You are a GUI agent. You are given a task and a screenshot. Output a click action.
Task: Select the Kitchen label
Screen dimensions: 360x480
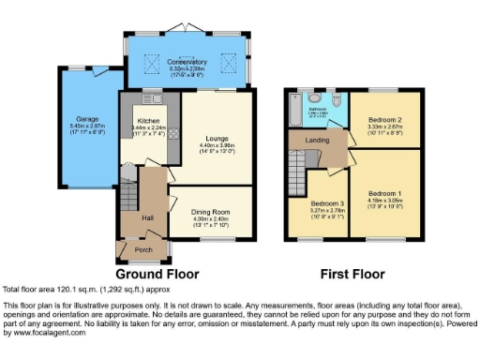pos(148,121)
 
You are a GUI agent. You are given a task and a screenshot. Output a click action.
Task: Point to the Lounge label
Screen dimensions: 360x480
pos(217,139)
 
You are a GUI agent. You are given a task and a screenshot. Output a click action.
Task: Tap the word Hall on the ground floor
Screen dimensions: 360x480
pos(148,217)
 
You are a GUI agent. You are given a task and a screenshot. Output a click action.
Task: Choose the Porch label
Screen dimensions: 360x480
pos(143,250)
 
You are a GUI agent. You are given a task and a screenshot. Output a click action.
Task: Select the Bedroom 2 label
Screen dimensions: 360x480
pos(384,121)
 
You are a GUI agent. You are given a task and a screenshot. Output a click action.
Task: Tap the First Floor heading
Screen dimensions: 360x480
pos(352,275)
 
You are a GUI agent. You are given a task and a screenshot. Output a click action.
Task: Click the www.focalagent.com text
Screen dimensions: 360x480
pos(47,333)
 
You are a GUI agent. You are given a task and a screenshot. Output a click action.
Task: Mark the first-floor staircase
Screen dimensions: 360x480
pos(297,174)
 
